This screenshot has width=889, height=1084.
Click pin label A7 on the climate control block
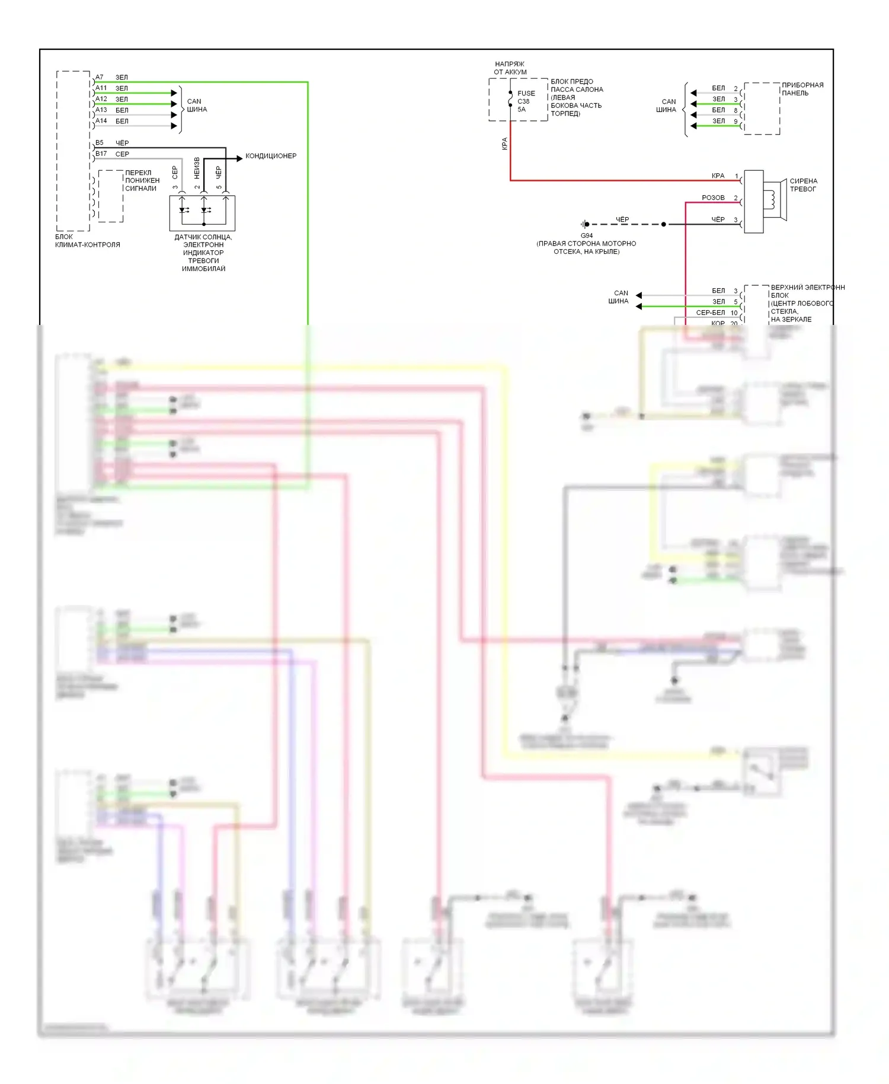pyautogui.click(x=100, y=77)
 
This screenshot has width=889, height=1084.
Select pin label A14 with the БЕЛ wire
pyautogui.click(x=101, y=121)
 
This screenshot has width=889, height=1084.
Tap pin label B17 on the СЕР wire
pyautogui.click(x=101, y=154)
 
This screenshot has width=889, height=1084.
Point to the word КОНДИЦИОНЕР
pyautogui.click(x=271, y=156)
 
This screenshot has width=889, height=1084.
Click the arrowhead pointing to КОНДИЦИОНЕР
pyautogui.click(x=239, y=158)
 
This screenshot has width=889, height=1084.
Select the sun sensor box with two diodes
pyautogui.click(x=202, y=213)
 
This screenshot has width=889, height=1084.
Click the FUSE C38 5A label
pyautogui.click(x=526, y=101)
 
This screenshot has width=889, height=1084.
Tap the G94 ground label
pyautogui.click(x=587, y=235)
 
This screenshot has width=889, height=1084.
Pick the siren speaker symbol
pyautogui.click(x=773, y=200)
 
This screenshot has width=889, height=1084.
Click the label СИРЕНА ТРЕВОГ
pyautogui.click(x=803, y=185)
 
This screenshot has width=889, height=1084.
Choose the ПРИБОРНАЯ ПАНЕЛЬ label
pyautogui.click(x=802, y=89)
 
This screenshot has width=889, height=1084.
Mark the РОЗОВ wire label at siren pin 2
pyautogui.click(x=713, y=197)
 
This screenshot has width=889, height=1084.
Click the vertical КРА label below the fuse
pyautogui.click(x=505, y=144)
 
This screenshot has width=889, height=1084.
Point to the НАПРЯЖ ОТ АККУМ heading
pyautogui.click(x=510, y=68)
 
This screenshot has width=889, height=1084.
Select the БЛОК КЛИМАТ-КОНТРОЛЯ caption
pyautogui.click(x=87, y=241)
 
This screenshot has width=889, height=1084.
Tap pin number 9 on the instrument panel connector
pyautogui.click(x=735, y=122)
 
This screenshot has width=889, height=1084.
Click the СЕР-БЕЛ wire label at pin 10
pyautogui.click(x=710, y=313)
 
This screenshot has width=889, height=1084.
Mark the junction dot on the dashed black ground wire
pyautogui.click(x=664, y=224)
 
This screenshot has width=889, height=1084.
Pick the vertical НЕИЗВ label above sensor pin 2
pyautogui.click(x=197, y=168)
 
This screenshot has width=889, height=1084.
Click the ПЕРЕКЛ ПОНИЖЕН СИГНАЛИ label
pyautogui.click(x=142, y=180)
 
